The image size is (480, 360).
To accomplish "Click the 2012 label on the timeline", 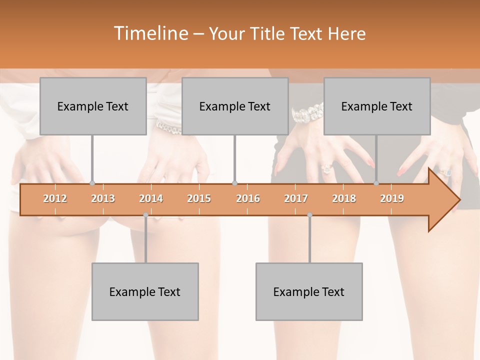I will coord(55,198).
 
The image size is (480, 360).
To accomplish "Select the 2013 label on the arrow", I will coord(103,198).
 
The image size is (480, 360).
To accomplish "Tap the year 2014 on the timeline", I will coord(151,198).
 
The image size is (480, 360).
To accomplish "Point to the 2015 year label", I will coord(199,198).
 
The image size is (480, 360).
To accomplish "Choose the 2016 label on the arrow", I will coord(248,198).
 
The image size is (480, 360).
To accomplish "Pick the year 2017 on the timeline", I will coord(296,198).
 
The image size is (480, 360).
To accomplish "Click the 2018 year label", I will coord(344,198).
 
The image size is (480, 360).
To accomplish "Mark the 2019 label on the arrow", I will coord(392,198).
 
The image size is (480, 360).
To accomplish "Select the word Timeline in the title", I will coord(149,33).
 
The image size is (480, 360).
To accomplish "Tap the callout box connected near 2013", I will coord(93,106).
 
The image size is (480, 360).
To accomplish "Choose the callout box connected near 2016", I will coord(235,106).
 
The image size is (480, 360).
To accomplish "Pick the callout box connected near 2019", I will coord(377,106).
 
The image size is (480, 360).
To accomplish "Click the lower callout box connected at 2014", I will coord(145,291).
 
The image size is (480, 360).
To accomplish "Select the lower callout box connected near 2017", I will coord(309,291).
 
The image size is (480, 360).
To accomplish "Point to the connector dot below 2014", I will coord(145,215).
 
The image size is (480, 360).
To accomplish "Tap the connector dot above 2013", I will coord(92,183).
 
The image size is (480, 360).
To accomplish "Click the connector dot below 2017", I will coord(309,215).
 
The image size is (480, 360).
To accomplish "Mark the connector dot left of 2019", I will coord(376,183).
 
